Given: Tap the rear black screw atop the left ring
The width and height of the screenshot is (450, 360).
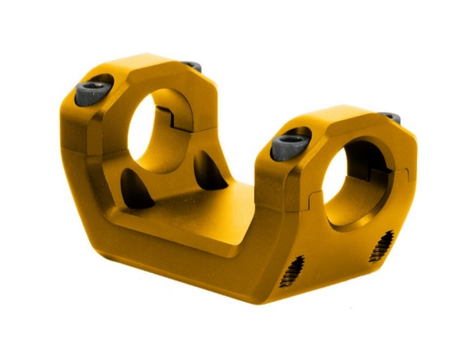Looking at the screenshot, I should click(x=191, y=66).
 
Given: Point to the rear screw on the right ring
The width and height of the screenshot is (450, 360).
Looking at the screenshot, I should click(x=389, y=117).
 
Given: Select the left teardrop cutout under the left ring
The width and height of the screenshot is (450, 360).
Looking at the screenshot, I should click(x=136, y=188).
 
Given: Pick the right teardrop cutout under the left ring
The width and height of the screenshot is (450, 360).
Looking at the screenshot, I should click(x=208, y=171).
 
